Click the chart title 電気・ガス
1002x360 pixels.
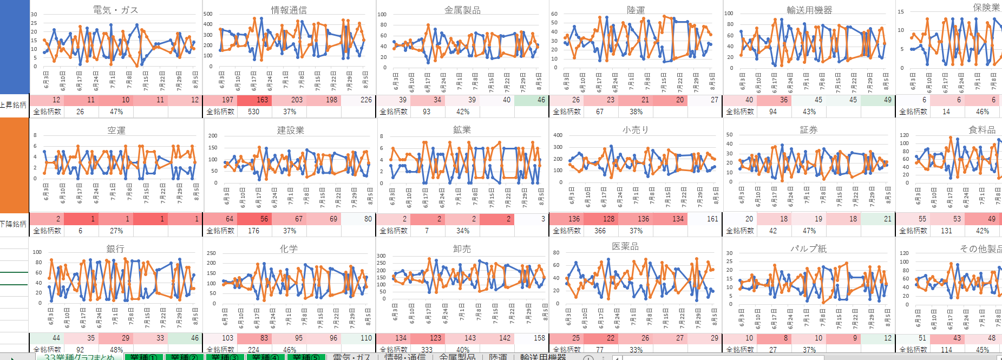(115, 10)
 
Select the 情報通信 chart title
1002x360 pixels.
(289, 10)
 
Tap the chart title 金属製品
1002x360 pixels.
(462, 10)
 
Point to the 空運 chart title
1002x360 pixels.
(116, 130)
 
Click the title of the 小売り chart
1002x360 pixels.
(635, 130)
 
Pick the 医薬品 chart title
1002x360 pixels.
(625, 246)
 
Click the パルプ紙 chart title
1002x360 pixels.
(808, 248)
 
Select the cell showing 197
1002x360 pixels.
(227, 100)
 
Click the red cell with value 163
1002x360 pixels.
(262, 100)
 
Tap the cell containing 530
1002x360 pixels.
(253, 112)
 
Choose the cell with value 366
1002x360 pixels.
(600, 231)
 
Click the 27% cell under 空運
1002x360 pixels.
(116, 231)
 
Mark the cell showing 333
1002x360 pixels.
(427, 350)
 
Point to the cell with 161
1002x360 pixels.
(712, 219)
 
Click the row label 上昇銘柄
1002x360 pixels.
(14, 104)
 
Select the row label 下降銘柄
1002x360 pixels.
(14, 224)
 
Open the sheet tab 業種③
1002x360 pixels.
(224, 357)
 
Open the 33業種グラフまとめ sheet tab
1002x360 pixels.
(79, 357)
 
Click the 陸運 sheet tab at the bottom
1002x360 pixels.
(497, 357)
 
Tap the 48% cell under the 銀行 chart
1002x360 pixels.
(116, 350)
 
